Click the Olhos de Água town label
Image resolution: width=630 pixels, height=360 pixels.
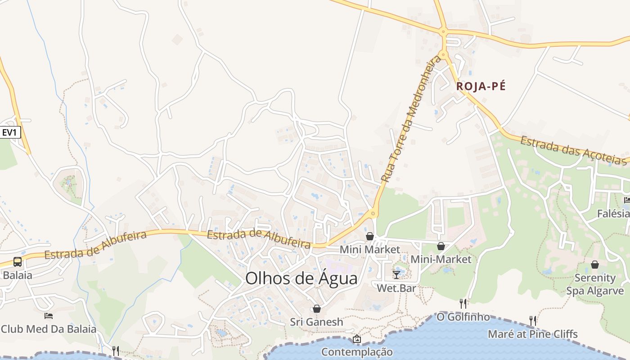click(301, 279)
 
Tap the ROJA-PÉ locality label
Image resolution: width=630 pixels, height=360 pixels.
click(481, 86)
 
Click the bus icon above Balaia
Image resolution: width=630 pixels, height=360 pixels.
click(18, 262)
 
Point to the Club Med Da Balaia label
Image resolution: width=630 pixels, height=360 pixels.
click(49, 329)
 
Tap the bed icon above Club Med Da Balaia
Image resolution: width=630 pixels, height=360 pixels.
click(49, 316)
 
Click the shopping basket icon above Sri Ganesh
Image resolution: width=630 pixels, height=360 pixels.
click(317, 309)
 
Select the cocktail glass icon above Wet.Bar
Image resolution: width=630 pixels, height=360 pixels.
click(396, 274)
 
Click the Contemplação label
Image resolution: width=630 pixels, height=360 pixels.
click(357, 352)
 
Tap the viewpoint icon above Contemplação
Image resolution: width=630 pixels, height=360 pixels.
click(357, 339)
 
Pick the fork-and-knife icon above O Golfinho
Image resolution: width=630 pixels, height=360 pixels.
click(463, 304)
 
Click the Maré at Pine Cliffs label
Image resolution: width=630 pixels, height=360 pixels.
click(533, 334)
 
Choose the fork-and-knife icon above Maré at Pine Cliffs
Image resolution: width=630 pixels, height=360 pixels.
click(533, 321)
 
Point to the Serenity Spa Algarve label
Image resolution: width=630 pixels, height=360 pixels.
click(595, 284)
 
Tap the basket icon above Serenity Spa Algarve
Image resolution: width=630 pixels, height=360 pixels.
click(595, 265)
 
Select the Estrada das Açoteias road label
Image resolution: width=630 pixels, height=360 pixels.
click(574, 150)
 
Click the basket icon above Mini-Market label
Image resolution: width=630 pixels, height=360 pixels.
click(441, 246)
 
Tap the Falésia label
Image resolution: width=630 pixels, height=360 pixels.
click(613, 213)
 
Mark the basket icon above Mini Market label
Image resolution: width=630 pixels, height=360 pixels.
click(370, 236)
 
